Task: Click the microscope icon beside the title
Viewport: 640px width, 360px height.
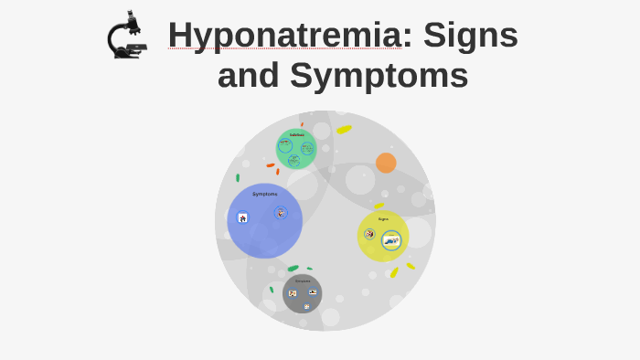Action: (126, 37)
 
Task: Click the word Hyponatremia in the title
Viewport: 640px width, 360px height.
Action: (284, 36)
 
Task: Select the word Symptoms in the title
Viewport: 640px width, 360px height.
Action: (379, 76)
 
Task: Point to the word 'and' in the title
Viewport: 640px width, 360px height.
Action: (248, 76)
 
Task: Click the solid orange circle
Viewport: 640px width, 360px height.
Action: (386, 163)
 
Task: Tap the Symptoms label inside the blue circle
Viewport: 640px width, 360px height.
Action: (265, 194)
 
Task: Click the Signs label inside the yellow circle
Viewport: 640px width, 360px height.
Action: (383, 219)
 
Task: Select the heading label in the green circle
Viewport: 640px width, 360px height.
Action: (297, 135)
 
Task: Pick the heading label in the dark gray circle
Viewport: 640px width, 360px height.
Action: (303, 281)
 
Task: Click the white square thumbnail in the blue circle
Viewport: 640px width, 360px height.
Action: (243, 217)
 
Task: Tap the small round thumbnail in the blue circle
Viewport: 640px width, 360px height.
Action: (281, 213)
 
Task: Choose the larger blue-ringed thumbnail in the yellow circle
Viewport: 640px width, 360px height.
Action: (391, 240)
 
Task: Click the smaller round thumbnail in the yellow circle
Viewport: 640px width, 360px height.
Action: (369, 234)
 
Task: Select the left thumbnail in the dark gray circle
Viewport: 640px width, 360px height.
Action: (293, 293)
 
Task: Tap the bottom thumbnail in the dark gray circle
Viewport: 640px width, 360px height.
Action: (306, 306)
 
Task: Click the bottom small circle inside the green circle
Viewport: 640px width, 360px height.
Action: (293, 160)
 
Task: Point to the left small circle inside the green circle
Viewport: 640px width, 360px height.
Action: (285, 145)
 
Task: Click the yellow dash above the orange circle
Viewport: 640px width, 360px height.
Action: (344, 130)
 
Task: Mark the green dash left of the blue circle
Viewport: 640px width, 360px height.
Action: (238, 178)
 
